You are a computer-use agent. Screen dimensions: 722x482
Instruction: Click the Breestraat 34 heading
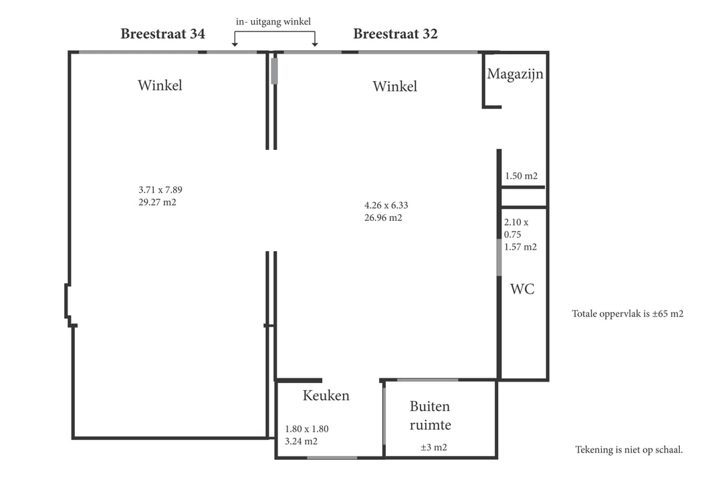click(162, 33)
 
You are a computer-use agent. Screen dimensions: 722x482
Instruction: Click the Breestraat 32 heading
click(395, 33)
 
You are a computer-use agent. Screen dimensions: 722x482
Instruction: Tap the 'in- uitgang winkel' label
click(273, 21)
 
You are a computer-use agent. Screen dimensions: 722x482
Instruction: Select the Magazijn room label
click(515, 74)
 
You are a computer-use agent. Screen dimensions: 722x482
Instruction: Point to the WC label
click(522, 289)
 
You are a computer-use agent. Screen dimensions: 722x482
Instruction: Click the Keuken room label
click(326, 395)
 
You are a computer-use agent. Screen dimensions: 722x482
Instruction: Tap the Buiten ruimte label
click(430, 416)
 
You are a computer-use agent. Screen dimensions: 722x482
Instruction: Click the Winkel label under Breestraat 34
click(160, 85)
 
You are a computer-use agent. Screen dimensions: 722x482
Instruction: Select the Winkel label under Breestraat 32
click(395, 86)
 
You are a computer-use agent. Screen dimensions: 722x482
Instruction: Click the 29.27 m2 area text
click(158, 202)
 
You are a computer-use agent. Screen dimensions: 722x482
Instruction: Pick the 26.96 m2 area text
click(383, 218)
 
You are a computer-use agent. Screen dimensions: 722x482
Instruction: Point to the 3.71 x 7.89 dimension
click(160, 189)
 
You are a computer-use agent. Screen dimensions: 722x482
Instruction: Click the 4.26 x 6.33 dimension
click(386, 206)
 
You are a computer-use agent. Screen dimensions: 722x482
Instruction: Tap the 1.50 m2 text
click(521, 176)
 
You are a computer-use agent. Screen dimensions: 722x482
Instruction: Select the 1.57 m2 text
click(520, 247)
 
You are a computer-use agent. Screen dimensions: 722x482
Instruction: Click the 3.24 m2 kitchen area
click(301, 441)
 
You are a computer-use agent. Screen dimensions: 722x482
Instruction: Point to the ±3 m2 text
click(434, 447)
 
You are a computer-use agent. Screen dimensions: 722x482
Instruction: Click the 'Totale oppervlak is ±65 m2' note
click(628, 314)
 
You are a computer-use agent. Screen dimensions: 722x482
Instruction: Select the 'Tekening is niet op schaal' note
click(629, 450)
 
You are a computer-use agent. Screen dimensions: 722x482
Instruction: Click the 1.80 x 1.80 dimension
click(307, 429)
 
